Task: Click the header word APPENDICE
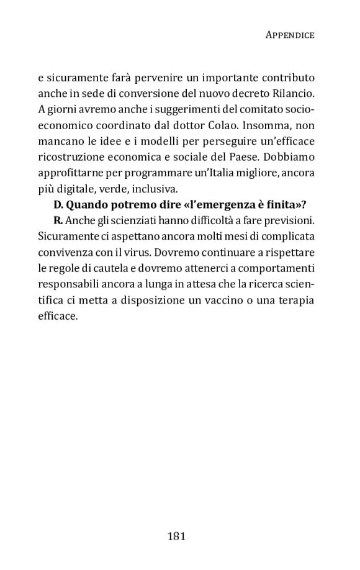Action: click(x=290, y=35)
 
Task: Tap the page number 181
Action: click(x=177, y=535)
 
